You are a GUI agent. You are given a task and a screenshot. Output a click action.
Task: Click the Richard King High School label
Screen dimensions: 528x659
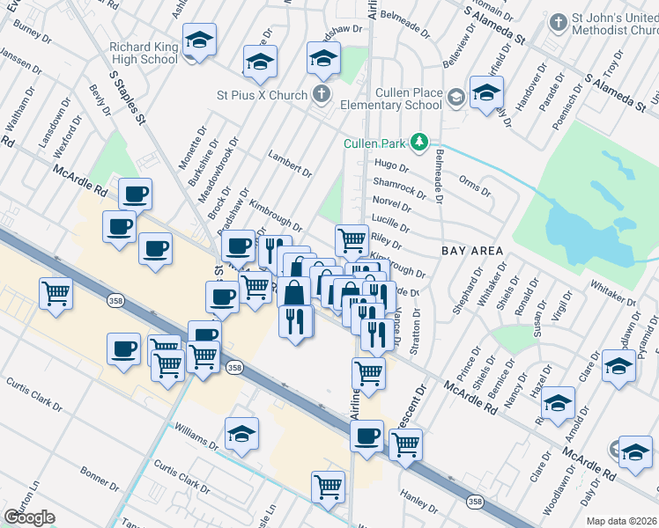143,53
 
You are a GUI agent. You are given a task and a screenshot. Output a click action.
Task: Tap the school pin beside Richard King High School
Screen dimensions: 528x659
200,40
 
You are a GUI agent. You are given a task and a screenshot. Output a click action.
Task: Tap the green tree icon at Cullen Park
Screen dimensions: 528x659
421,141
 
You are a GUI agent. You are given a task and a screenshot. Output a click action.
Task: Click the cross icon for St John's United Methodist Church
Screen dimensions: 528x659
558,20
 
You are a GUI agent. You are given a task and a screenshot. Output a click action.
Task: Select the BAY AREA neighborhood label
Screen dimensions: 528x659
472,251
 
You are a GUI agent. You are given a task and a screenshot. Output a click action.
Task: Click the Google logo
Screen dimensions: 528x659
28,517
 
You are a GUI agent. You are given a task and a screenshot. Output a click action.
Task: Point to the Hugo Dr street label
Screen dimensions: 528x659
392,165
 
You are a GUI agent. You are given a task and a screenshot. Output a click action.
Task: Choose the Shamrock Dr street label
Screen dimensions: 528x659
392,186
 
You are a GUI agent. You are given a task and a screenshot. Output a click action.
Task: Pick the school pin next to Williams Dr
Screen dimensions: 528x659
241,434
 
